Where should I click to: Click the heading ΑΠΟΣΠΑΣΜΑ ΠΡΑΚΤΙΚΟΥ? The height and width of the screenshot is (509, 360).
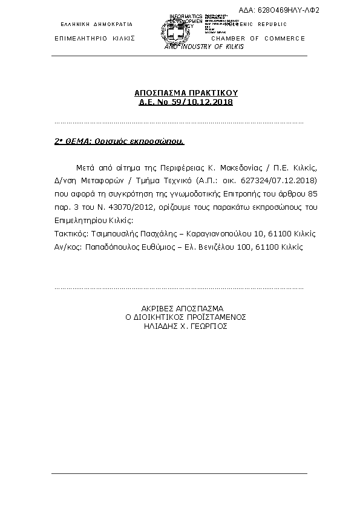(x=186, y=94)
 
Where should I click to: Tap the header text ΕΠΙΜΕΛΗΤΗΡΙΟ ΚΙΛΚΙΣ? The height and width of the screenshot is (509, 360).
(x=94, y=38)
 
